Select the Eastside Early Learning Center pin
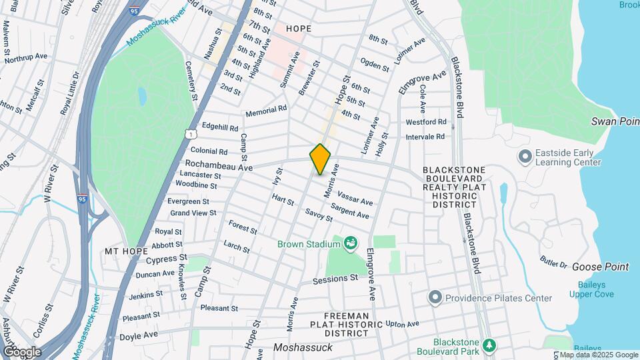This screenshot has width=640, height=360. coord(525,157)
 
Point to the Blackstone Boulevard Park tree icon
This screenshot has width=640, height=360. coord(491,345)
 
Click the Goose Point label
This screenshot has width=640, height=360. coord(600,267)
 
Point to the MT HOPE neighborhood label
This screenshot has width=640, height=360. coord(126,251)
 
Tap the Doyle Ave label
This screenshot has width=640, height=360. coord(139,335)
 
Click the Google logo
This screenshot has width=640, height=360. coord(21,351)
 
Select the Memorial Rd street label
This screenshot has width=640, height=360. coord(265,111)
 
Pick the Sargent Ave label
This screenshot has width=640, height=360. coord(349,212)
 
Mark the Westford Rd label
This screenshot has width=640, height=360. coord(426,122)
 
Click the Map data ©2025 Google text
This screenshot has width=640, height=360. coord(598,355)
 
